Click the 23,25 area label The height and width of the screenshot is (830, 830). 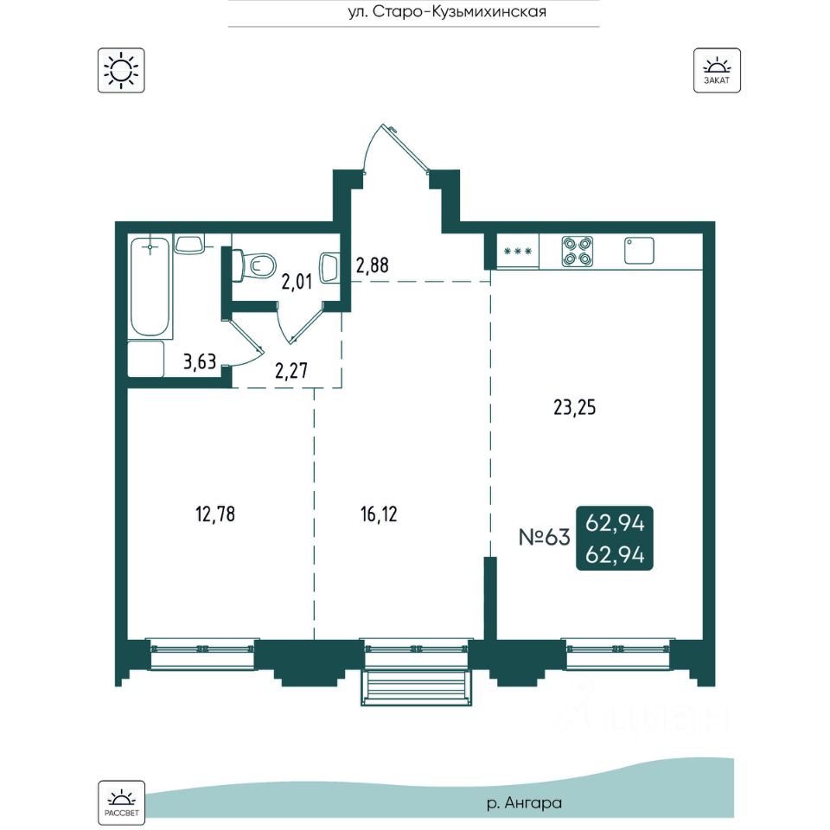click(x=574, y=407)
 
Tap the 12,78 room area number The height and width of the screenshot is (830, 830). click(x=215, y=514)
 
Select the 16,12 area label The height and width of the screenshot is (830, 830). click(x=379, y=514)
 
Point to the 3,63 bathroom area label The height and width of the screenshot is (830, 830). click(x=200, y=362)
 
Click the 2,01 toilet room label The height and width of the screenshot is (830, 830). click(x=297, y=282)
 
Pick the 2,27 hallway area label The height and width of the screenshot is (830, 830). click(x=291, y=371)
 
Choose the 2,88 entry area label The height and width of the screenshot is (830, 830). click(x=372, y=265)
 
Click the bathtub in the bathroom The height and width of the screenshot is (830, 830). click(x=150, y=286)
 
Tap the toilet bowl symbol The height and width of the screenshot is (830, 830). click(x=256, y=265)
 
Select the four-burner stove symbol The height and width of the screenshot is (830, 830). click(x=577, y=252)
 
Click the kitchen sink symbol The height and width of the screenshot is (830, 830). click(x=639, y=251)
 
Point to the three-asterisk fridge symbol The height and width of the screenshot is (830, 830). click(x=518, y=252)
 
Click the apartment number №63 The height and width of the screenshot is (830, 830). click(x=544, y=537)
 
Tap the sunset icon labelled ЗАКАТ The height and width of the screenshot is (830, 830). click(x=717, y=70)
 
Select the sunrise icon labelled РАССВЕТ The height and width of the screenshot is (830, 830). click(x=121, y=802)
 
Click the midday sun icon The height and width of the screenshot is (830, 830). click(x=121, y=70)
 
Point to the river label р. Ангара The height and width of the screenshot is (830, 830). click(x=524, y=803)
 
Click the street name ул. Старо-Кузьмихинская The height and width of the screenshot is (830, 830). click(x=447, y=11)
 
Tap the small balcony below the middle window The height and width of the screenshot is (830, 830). click(x=416, y=687)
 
